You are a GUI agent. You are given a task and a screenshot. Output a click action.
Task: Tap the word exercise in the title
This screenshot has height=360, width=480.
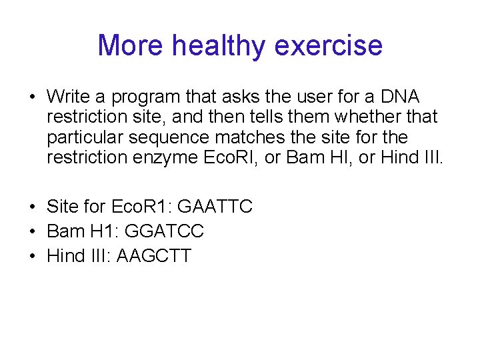pos(328,45)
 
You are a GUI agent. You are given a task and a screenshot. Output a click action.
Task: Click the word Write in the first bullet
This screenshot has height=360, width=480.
pos(71,97)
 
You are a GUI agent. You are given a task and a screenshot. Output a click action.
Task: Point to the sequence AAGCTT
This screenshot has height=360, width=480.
pos(154,255)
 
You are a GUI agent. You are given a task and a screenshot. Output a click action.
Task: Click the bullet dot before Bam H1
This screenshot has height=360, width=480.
pos(33,231)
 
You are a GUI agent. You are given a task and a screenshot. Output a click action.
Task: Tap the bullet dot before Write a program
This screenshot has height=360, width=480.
pos(33,97)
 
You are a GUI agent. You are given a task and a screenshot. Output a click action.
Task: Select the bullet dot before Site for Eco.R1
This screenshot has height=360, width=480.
pos(33,207)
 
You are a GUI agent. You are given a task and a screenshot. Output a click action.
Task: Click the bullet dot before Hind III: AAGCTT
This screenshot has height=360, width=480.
pos(33,255)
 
